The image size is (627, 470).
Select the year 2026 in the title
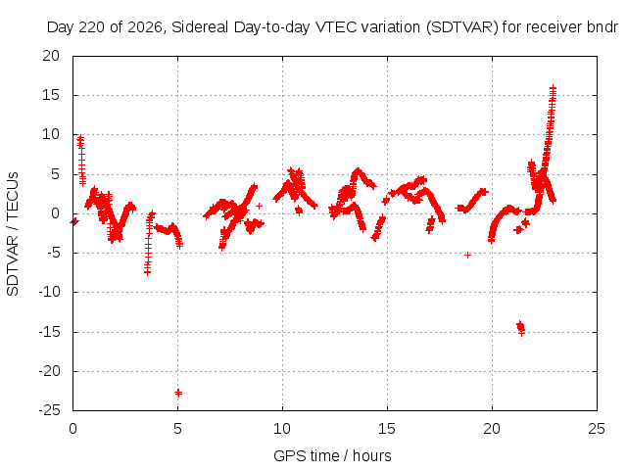(144, 27)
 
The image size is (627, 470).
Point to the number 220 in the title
(91, 27)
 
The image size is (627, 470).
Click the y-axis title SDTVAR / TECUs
(13, 234)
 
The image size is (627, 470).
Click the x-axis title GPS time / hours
(332, 455)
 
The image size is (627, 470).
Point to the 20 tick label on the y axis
(51, 56)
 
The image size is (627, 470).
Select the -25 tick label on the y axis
(49, 410)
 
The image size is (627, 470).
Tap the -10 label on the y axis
(49, 292)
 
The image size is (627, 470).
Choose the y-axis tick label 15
(51, 95)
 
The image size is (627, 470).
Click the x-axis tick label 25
(597, 429)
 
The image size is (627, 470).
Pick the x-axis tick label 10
(282, 429)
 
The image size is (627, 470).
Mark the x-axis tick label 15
(387, 429)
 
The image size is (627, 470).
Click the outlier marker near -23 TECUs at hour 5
(178, 393)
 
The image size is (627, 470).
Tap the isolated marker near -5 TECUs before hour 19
(467, 255)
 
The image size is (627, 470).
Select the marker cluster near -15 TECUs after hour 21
(520, 328)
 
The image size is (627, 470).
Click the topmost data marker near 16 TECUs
(553, 87)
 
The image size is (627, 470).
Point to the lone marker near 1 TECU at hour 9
(259, 206)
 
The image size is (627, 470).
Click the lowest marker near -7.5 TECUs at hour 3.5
(147, 272)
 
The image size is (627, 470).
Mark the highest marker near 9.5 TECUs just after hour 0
(80, 138)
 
